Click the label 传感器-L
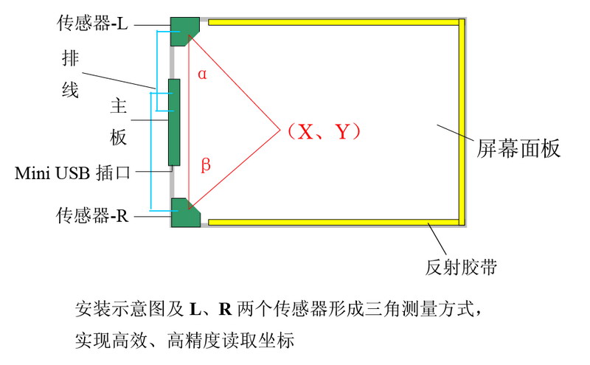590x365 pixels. [x=92, y=23]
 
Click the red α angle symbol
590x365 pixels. [x=202, y=73]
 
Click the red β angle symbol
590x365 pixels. [x=206, y=164]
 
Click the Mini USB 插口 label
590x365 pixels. [x=72, y=174]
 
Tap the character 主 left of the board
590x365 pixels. [x=119, y=108]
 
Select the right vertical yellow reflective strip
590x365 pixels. [x=462, y=122]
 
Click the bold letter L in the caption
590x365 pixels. [x=195, y=307]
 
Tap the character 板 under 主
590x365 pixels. [x=119, y=138]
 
